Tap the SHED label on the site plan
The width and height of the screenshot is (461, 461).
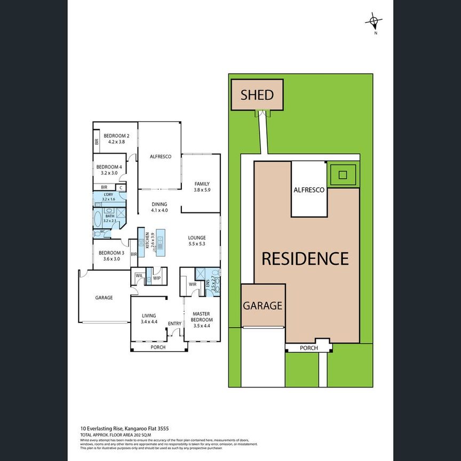[257, 95]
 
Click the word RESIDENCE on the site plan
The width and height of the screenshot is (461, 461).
[305, 259]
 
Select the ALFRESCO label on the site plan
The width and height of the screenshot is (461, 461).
[309, 190]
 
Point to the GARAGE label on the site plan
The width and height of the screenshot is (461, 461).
[263, 306]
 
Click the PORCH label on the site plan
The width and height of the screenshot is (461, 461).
[309, 348]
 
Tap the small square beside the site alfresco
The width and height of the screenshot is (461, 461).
[343, 174]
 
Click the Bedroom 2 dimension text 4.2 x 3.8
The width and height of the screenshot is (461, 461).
[116, 142]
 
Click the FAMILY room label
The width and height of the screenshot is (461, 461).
[202, 184]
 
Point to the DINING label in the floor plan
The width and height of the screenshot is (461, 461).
[159, 204]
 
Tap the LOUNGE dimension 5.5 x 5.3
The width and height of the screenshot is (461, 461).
[196, 244]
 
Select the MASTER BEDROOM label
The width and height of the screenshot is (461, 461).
[202, 317]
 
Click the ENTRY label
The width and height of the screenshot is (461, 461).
[174, 323]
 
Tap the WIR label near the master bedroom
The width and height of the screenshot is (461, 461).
[193, 285]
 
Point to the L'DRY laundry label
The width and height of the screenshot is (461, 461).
[108, 195]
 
